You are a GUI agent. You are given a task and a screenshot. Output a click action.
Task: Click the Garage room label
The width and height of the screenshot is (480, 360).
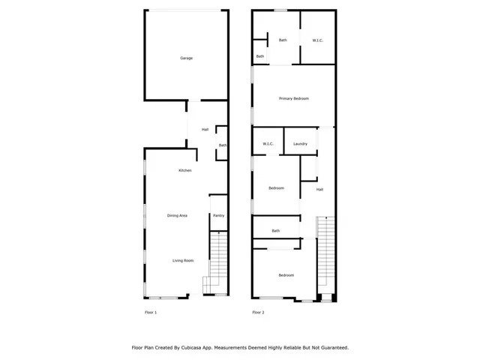click(x=186, y=58)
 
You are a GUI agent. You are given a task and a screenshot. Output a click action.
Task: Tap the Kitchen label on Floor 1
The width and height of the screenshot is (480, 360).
click(x=184, y=171)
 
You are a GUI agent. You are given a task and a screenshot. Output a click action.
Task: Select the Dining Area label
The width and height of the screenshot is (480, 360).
click(x=177, y=216)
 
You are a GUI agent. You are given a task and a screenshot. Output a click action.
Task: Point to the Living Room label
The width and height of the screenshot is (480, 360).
click(x=183, y=260)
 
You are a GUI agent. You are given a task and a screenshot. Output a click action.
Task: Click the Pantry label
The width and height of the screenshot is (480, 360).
click(x=218, y=216)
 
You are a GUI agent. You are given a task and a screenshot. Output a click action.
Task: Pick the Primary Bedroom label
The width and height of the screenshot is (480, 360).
click(x=294, y=98)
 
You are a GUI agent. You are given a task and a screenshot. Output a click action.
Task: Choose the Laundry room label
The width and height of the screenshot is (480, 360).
click(x=301, y=143)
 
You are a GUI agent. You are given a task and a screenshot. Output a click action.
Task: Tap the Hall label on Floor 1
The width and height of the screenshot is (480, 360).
click(x=205, y=130)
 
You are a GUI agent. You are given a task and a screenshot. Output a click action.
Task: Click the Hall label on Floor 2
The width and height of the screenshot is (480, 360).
click(x=319, y=189)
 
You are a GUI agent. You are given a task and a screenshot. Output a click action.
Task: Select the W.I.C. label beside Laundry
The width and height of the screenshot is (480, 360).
click(x=268, y=143)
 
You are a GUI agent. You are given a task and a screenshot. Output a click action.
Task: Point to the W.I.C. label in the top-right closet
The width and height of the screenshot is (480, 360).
click(x=317, y=40)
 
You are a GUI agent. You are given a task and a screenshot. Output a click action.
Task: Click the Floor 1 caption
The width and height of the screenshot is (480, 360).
click(x=151, y=312)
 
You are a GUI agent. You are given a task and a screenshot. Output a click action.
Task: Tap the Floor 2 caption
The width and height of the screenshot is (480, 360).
click(x=258, y=312)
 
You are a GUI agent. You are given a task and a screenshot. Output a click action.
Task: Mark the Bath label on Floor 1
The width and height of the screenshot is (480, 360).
click(x=223, y=145)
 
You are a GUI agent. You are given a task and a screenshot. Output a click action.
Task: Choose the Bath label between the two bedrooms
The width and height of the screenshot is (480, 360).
click(x=275, y=231)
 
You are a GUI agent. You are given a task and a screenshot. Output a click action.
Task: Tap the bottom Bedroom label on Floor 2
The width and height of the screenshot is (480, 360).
click(x=286, y=275)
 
